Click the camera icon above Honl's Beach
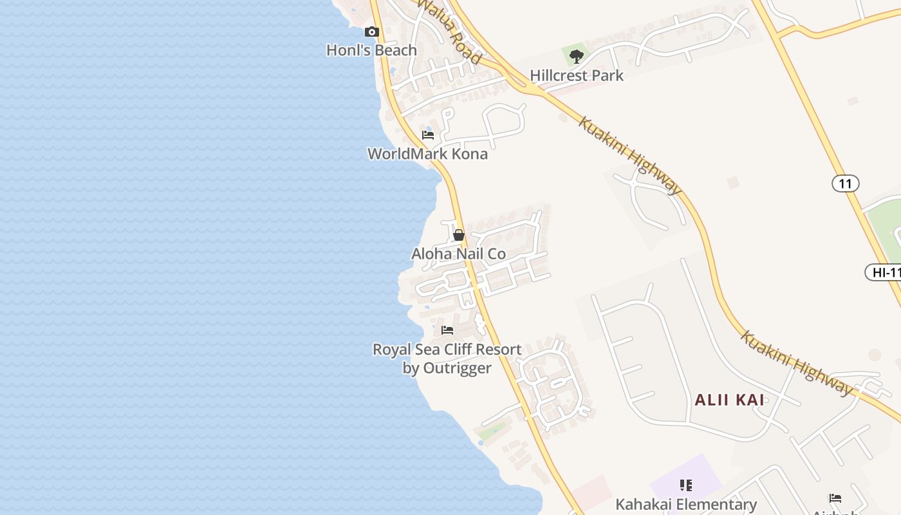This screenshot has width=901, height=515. tap(371, 32)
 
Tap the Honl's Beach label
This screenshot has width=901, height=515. tap(371, 50)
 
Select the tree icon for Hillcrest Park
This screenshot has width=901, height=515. tap(577, 56)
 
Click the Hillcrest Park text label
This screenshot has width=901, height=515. tap(577, 75)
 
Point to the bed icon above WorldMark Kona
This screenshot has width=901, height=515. tap(428, 135)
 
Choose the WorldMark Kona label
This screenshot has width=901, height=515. tap(427, 154)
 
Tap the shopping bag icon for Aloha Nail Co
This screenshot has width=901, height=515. tap(459, 235)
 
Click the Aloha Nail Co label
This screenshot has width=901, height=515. tap(459, 254)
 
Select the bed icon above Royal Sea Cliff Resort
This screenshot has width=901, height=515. tap(447, 330)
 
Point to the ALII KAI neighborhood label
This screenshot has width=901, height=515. tap(729, 400)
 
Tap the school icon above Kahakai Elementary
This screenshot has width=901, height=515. tap(686, 485)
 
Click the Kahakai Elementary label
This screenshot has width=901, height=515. tap(686, 504)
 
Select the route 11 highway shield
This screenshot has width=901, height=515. tap(845, 183)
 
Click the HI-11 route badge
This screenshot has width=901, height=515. tap(884, 272)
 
